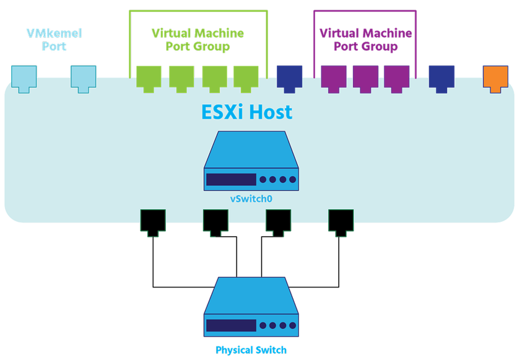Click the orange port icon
(495, 78)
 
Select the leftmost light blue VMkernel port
(25, 78)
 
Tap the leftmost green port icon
(149, 78)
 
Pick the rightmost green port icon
(246, 78)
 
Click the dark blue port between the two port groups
(289, 78)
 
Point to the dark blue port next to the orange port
(442, 78)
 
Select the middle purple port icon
(365, 78)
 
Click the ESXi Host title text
(247, 113)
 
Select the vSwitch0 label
(251, 198)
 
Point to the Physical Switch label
(251, 350)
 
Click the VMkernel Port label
(54, 38)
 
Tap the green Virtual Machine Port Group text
(198, 40)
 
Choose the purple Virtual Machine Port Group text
(365, 40)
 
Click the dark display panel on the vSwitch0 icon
(231, 180)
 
